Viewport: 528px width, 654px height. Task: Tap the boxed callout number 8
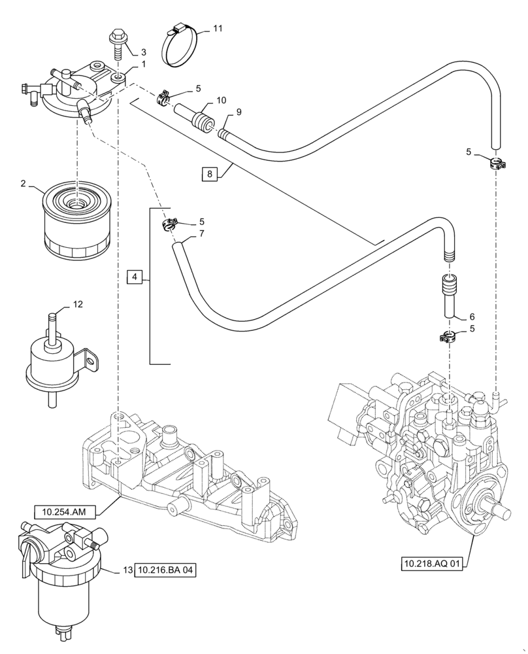[x=209, y=173]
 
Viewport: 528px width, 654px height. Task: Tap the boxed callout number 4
[x=134, y=277]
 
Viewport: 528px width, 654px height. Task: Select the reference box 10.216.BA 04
[x=165, y=570]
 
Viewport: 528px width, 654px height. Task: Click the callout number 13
[x=125, y=570]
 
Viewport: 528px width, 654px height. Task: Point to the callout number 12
[x=78, y=305]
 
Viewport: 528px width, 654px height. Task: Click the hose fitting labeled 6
[x=449, y=294]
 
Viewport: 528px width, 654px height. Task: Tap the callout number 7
[x=203, y=233]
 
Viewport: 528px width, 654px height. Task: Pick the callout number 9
[x=239, y=112]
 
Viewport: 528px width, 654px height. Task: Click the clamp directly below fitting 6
[x=448, y=337]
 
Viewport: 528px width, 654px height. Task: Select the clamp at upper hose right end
[x=497, y=162]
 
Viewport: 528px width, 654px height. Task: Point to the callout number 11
[x=218, y=29]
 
